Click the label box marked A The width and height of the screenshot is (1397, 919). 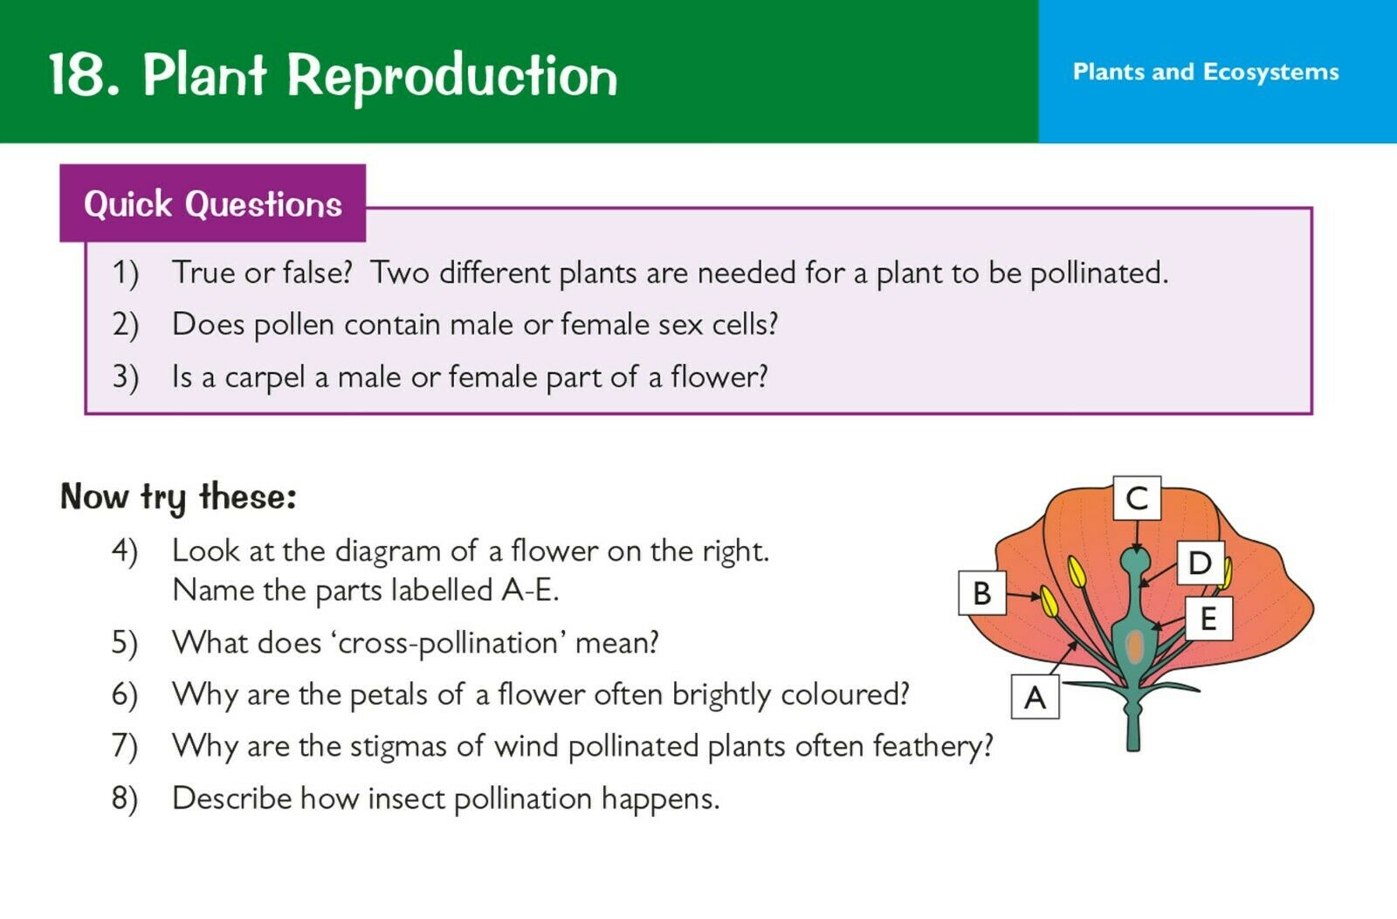(1035, 696)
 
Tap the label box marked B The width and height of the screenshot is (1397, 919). (982, 592)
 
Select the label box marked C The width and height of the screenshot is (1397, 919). (1137, 498)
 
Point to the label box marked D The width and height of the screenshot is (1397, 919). (1201, 563)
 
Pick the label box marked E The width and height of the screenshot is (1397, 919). (1208, 618)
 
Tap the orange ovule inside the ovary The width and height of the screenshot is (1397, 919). (1135, 647)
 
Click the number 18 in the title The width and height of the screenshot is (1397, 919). (77, 75)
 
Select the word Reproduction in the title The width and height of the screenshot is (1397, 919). (452, 77)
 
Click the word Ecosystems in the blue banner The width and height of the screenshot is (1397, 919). (1270, 73)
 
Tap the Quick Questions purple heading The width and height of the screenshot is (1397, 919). (213, 204)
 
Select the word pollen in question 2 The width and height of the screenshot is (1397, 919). (293, 325)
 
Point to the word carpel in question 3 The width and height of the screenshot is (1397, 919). (265, 377)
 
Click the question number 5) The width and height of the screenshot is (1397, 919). (124, 643)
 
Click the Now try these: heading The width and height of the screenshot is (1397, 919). (178, 498)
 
